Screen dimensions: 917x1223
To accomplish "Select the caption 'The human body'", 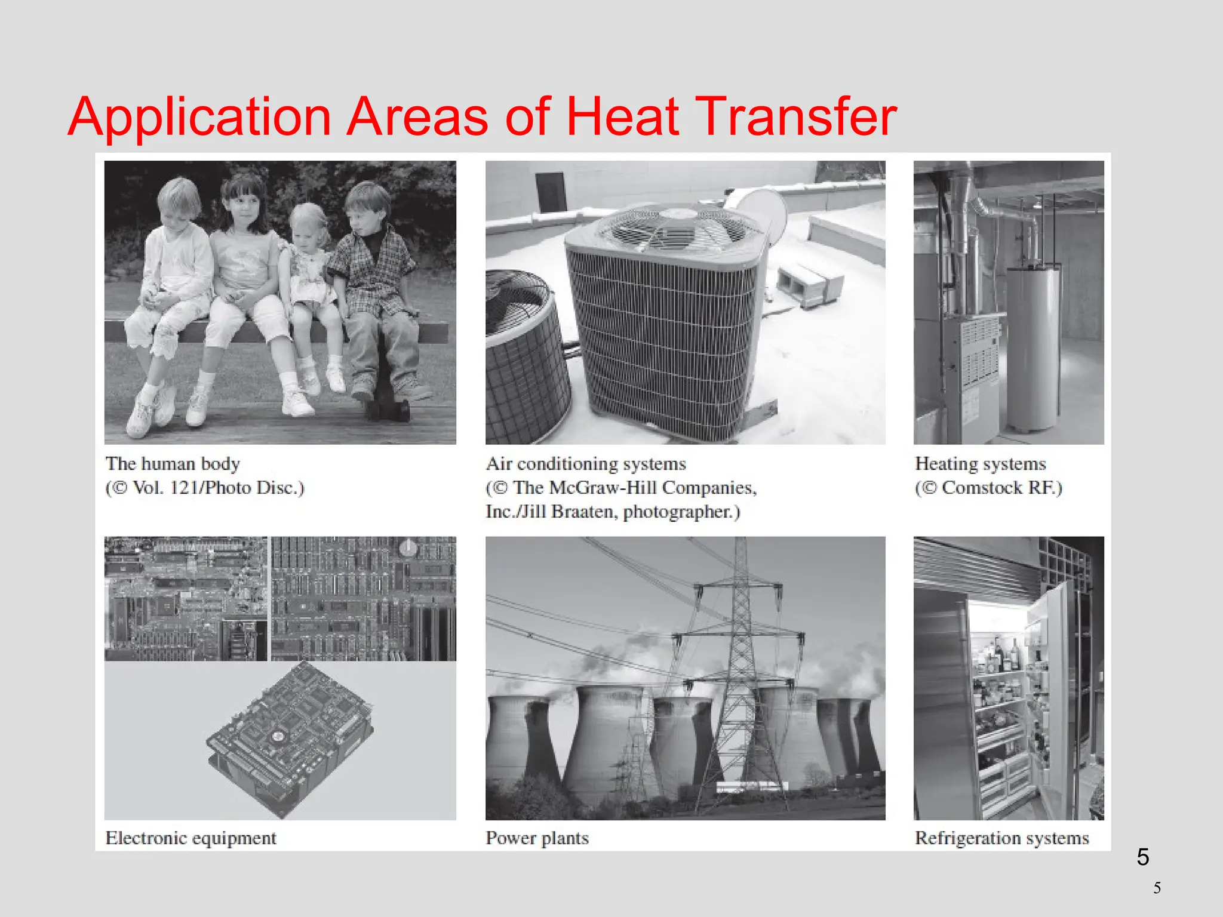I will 173,464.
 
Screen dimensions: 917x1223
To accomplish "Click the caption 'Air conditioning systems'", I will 586,464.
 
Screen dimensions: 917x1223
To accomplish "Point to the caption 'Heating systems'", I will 981,464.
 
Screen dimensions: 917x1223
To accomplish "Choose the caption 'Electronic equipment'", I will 191,838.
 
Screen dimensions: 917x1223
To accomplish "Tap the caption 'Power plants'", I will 537,838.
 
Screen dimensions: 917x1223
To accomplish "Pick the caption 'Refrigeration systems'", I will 1002,838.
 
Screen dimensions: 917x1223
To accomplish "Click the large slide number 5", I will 1142,857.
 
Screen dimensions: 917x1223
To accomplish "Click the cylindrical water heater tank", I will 1034,346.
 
